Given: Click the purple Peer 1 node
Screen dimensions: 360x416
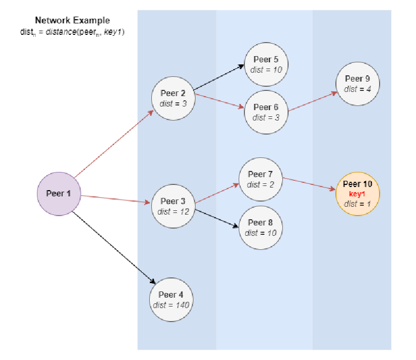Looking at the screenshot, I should [58, 194].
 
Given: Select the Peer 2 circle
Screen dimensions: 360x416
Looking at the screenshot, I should [173, 98].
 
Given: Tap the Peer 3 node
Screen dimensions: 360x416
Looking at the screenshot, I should [173, 206].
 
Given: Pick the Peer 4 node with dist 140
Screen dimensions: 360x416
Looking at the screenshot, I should [171, 300].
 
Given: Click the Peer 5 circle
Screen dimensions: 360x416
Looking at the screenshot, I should [266, 64].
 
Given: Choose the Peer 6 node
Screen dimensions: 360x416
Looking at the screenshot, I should [266, 112].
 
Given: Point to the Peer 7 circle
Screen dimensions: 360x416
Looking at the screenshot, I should [261, 179].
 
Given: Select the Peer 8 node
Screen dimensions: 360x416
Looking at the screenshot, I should [261, 228].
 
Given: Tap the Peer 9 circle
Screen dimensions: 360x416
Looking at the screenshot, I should [357, 84].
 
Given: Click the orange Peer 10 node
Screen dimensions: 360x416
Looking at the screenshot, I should [358, 194].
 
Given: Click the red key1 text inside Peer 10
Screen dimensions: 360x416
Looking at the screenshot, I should [358, 194].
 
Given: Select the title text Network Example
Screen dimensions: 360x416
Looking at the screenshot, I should [72, 21].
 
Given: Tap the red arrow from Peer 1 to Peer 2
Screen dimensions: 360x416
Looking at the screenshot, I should [113, 144].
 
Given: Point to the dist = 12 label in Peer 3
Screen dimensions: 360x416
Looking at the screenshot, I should [173, 211].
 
